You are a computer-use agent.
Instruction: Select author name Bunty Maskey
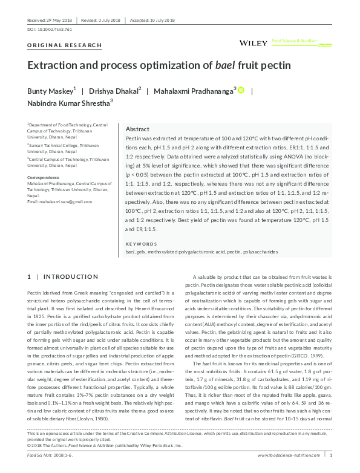coord(51,91)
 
